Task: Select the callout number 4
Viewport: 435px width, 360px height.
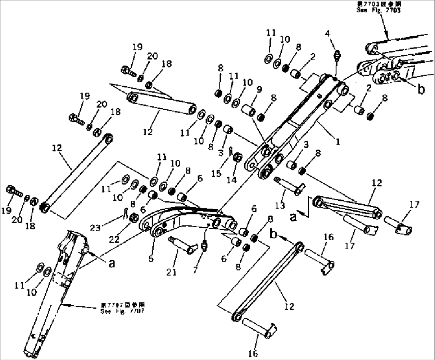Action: tap(328, 34)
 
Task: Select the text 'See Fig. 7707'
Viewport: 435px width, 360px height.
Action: tap(123, 311)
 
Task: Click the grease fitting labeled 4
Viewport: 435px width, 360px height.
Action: tap(336, 54)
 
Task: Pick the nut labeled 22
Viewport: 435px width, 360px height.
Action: tap(135, 218)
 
